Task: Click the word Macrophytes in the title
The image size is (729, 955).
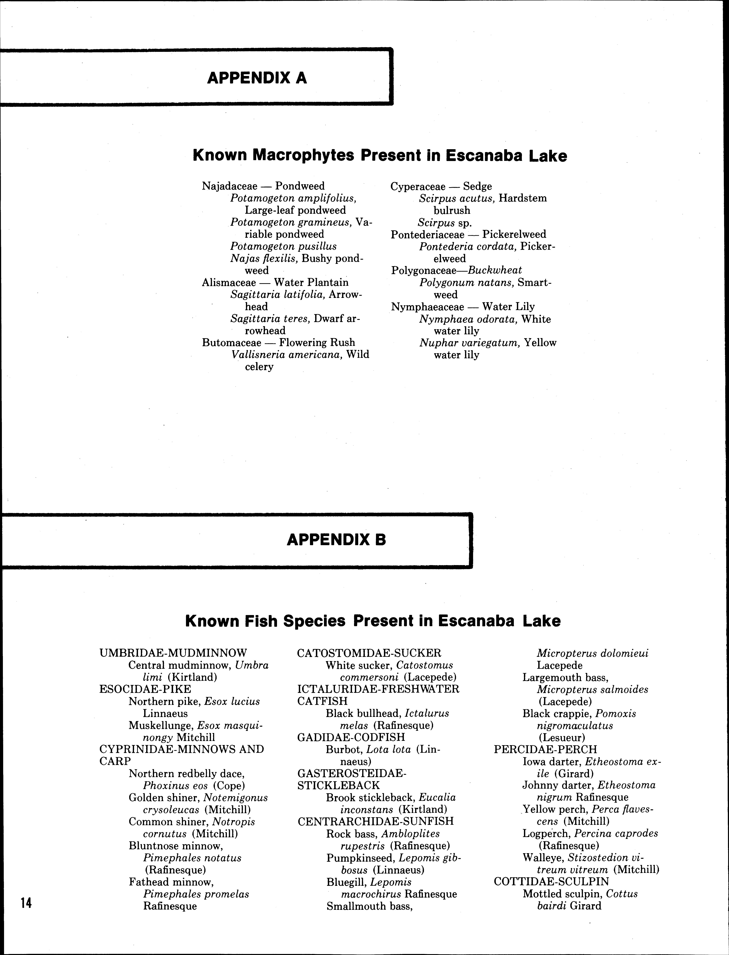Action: point(303,155)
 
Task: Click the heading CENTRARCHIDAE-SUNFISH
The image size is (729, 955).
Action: point(375,821)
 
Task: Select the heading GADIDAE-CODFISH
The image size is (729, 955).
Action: point(351,737)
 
